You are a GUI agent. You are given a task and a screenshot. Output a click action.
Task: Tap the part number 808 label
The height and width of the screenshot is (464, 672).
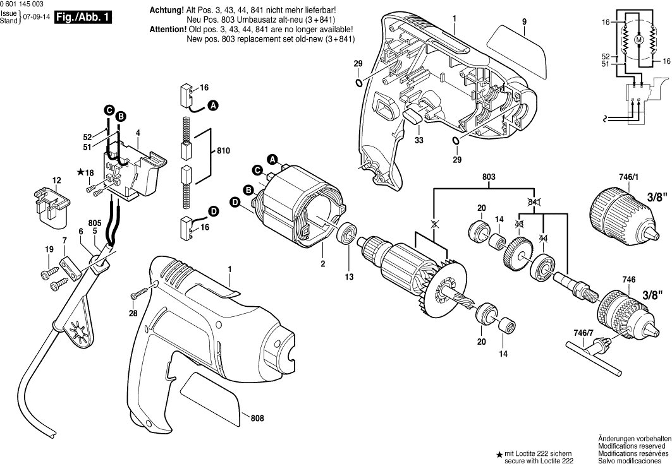(x=257, y=418)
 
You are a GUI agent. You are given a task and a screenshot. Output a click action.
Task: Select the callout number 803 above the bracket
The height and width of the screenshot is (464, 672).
(x=488, y=179)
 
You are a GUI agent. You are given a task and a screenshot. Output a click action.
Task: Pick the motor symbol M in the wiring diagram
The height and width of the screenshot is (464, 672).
(x=638, y=40)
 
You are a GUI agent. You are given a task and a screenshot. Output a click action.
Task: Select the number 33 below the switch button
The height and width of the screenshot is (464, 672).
(x=418, y=140)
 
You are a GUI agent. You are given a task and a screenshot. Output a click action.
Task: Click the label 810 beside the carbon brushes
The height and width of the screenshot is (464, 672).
(x=223, y=152)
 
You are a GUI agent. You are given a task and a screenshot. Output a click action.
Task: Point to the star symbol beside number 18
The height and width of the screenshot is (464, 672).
(x=80, y=172)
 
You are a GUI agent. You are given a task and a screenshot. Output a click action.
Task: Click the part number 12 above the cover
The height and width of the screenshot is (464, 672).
(x=56, y=181)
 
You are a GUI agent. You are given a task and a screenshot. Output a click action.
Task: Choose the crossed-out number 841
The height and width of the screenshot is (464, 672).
(x=535, y=201)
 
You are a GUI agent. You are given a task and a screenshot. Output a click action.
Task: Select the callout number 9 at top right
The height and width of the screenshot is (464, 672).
(x=524, y=21)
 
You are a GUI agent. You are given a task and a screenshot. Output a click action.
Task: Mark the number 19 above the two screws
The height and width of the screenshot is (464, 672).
(x=49, y=250)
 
